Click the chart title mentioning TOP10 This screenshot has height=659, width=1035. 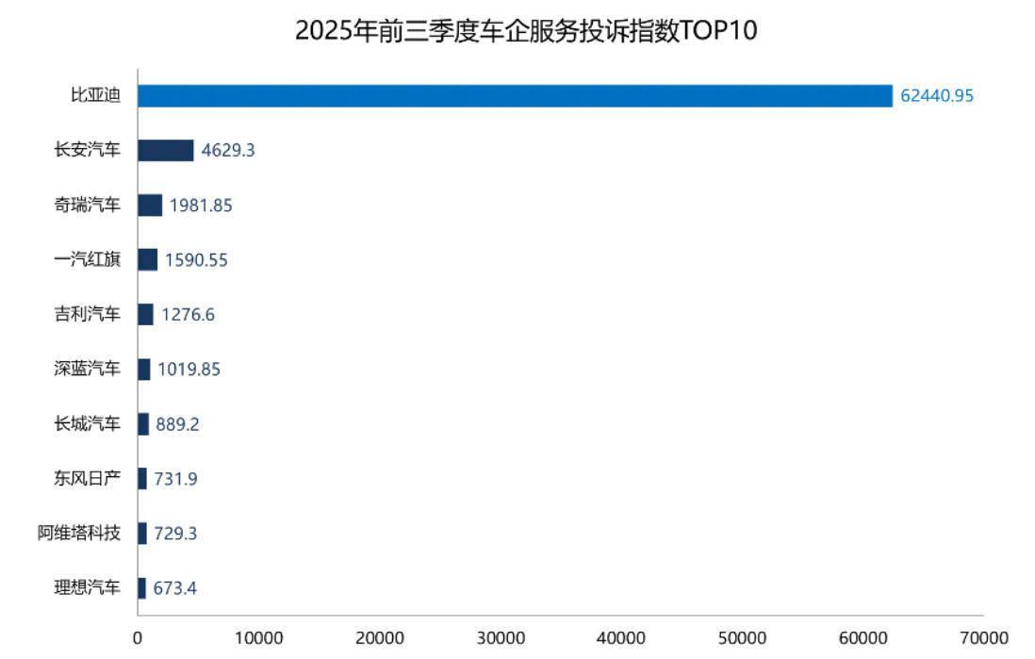[x=526, y=31]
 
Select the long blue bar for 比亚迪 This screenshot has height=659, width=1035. [x=515, y=96]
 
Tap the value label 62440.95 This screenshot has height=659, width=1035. [x=936, y=96]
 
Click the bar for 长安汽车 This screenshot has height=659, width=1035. [x=166, y=151]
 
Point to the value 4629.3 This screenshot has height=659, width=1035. [x=228, y=151]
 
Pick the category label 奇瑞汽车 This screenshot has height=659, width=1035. [x=88, y=205]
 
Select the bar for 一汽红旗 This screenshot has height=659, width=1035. [x=148, y=259]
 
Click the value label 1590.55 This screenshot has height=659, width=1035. [x=196, y=260]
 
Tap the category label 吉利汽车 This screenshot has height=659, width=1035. [x=88, y=314]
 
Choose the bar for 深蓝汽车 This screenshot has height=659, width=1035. [x=144, y=369]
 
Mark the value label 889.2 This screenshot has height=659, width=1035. [x=178, y=424]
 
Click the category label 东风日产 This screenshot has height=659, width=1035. [x=88, y=478]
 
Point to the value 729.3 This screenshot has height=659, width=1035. [x=175, y=534]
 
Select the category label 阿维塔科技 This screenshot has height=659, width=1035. [x=79, y=533]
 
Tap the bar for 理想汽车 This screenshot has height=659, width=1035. [x=142, y=587]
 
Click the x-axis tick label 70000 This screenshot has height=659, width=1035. [x=983, y=638]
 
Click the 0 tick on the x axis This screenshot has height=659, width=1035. [x=138, y=638]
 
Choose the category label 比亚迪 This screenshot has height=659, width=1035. [x=96, y=96]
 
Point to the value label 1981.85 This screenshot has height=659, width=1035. [x=202, y=206]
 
